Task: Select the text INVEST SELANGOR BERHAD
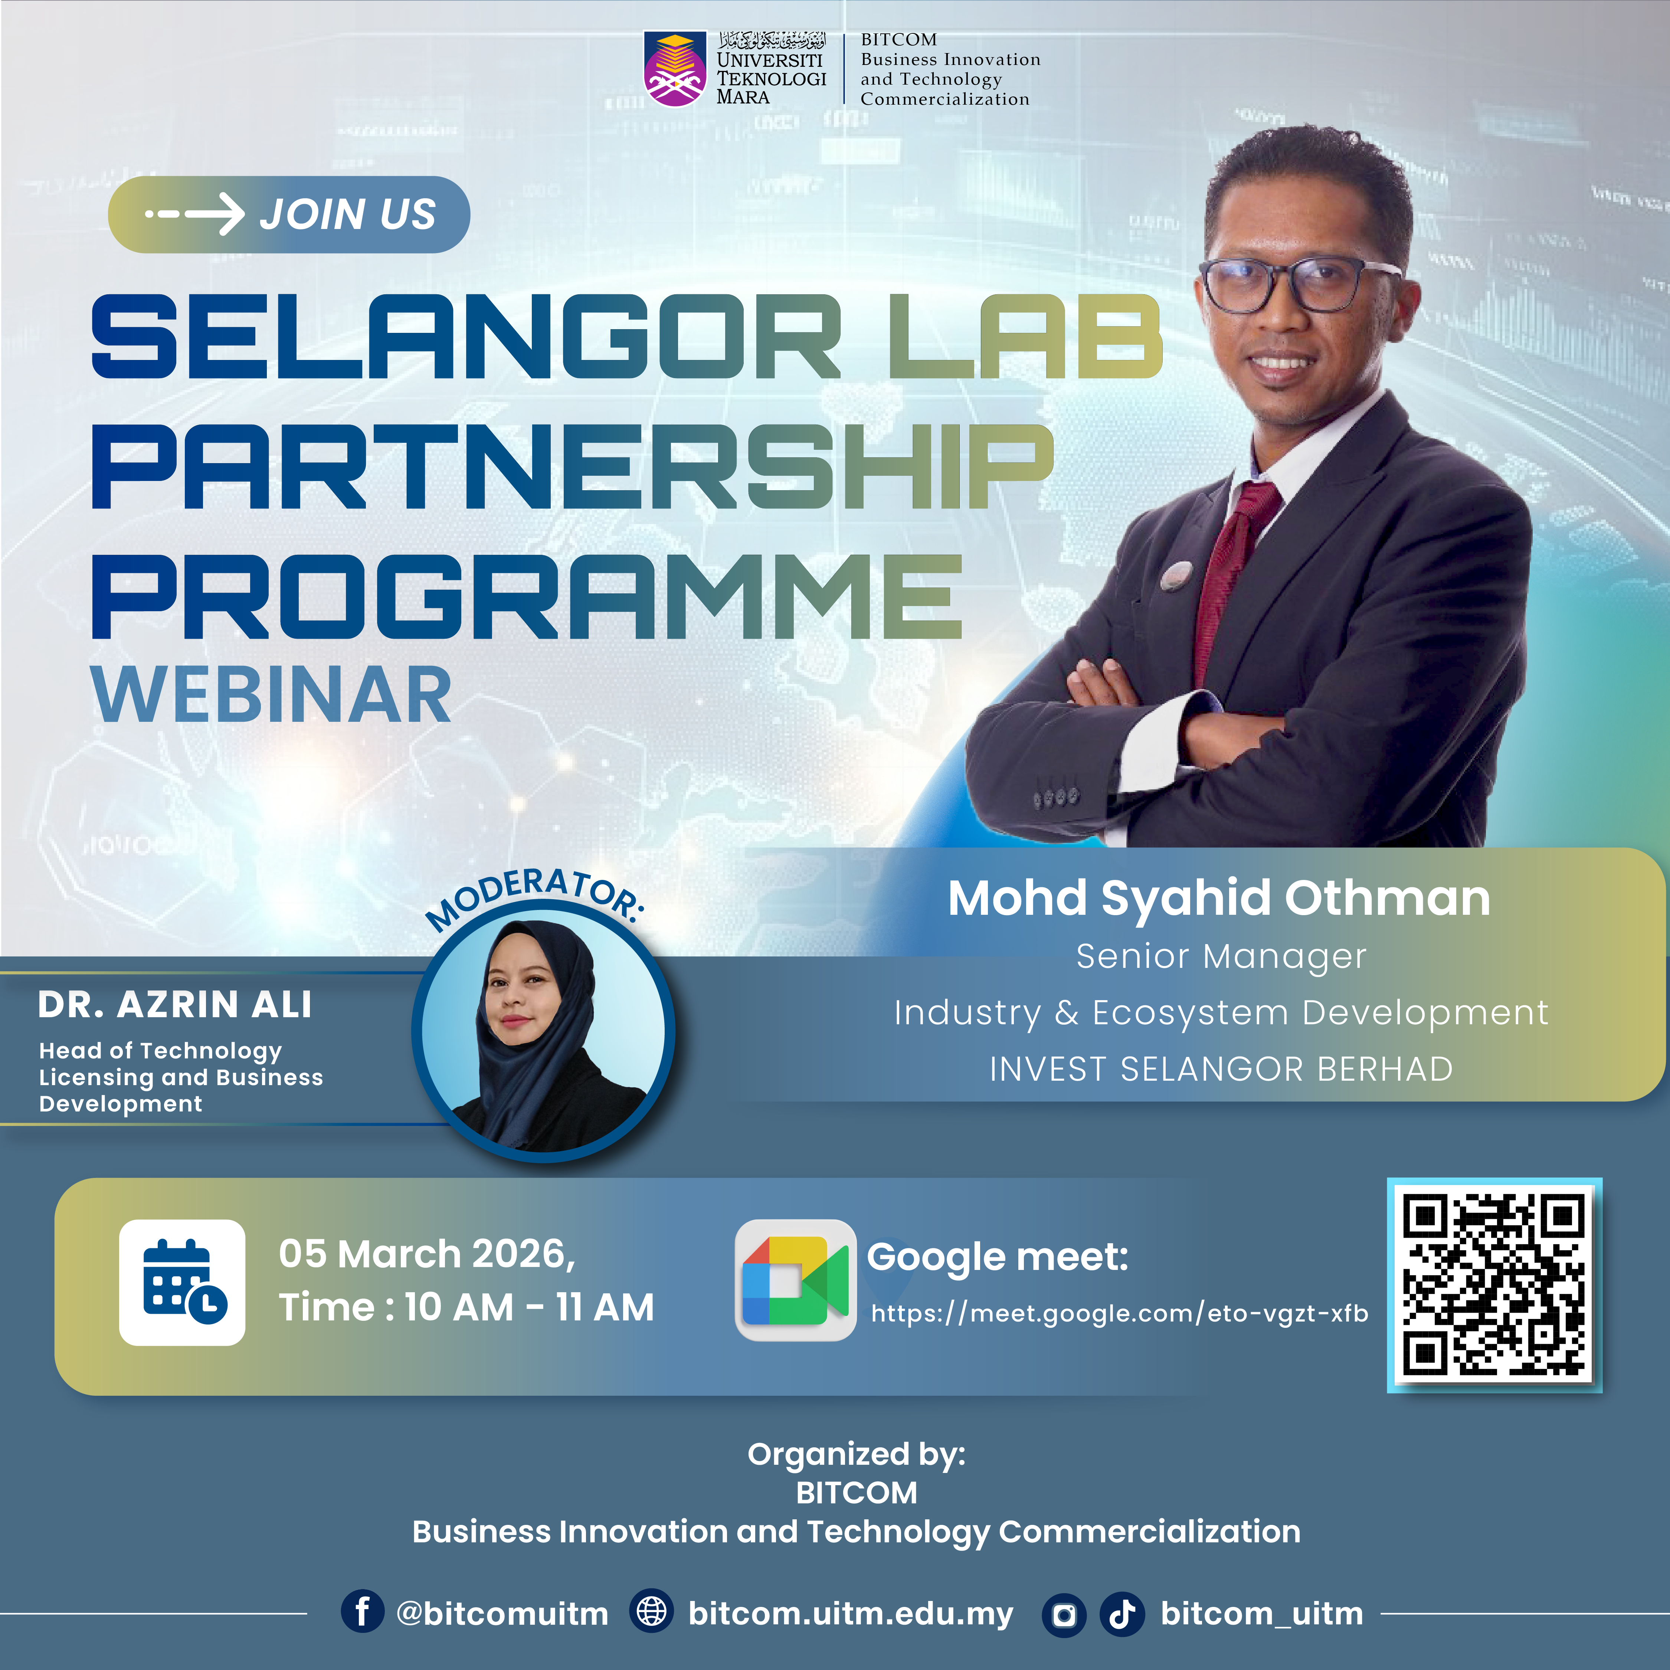tap(1221, 1069)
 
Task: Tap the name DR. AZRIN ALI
tap(174, 1005)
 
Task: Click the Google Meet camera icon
tap(795, 1280)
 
